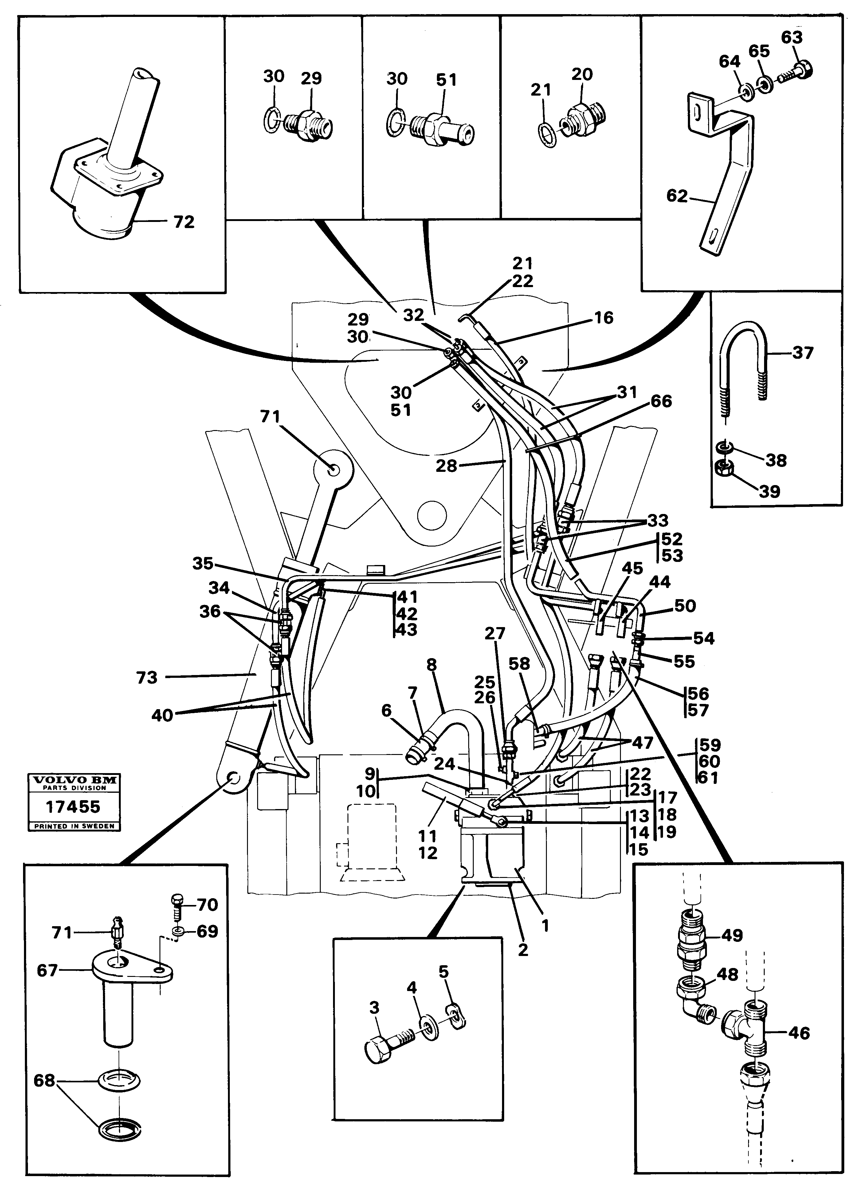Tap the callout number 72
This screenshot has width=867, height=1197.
(184, 222)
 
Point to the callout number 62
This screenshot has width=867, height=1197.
(677, 196)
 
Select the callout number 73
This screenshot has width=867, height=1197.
(147, 677)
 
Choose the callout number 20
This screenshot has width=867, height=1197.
(582, 74)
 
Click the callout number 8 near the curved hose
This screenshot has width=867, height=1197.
(432, 665)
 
